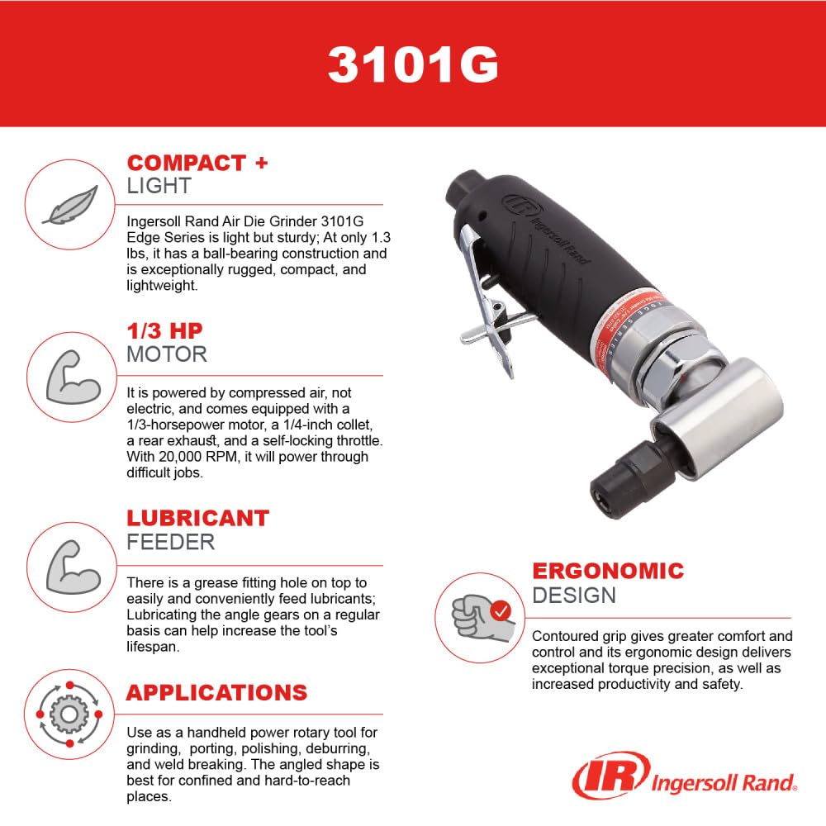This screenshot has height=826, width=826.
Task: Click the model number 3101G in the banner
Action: [413, 64]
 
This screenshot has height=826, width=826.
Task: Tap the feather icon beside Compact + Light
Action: [70, 205]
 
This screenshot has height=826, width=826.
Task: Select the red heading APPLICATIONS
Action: [216, 692]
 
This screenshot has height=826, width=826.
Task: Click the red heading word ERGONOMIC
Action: [608, 571]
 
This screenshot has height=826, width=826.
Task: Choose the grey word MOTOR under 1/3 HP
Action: [166, 354]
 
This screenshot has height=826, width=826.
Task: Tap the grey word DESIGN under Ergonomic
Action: [574, 595]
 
